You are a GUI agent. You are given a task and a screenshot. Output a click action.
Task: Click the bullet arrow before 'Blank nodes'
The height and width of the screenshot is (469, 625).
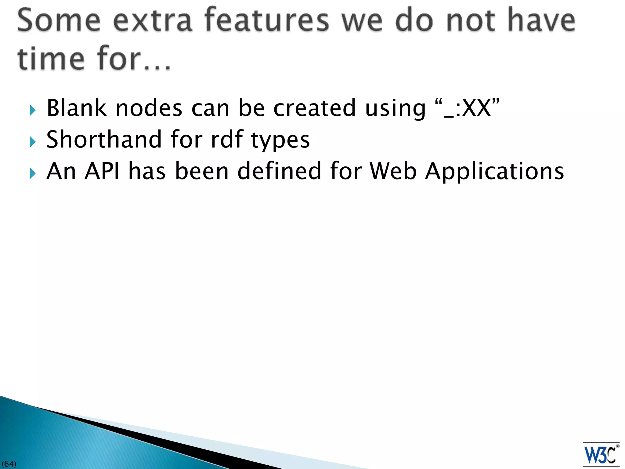coord(33,110)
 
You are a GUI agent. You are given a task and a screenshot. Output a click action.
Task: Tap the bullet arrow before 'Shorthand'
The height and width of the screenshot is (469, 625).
coord(33,142)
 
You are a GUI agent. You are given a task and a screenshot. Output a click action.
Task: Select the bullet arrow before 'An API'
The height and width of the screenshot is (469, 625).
coord(33,173)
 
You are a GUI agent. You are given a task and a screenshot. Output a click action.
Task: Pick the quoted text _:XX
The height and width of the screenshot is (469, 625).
coord(467,108)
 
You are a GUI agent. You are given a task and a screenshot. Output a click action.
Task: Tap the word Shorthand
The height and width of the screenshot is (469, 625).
coord(104,140)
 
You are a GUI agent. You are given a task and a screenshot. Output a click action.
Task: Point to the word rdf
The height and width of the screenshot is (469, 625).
coord(227,140)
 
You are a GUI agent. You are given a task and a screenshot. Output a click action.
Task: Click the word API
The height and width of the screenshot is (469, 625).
coord(102,171)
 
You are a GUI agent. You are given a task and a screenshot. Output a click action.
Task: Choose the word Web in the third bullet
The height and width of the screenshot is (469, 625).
coord(393,171)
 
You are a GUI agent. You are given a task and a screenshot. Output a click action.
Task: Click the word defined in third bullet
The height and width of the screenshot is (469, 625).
coord(279,171)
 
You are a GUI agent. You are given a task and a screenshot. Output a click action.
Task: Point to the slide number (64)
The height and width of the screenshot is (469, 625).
coord(9,464)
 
